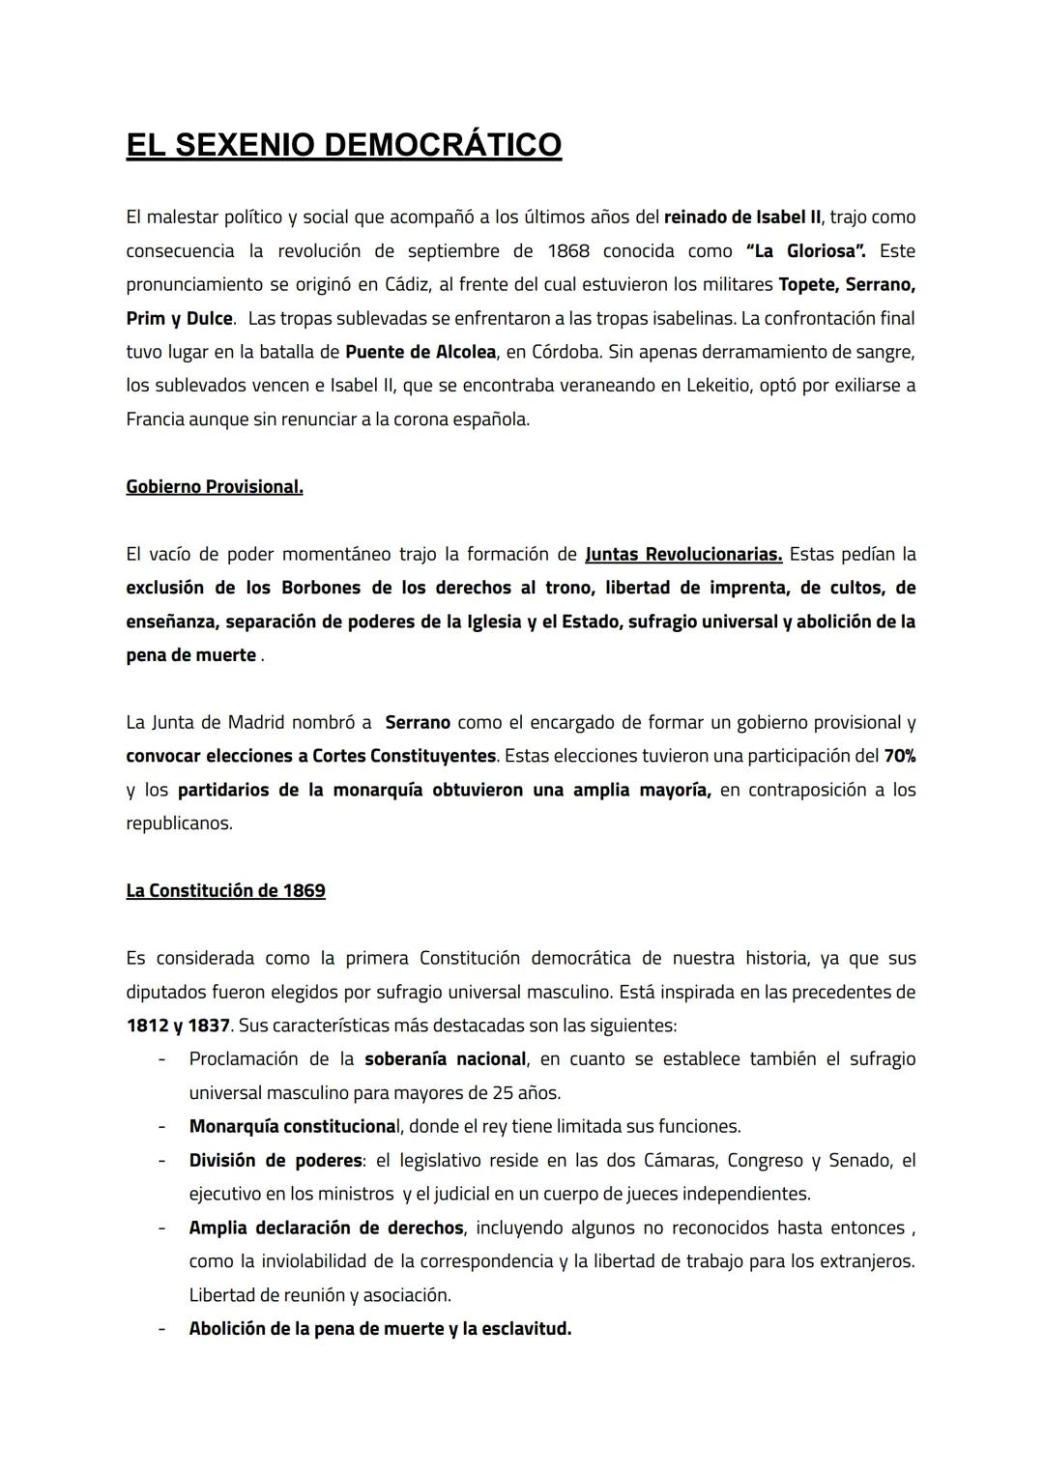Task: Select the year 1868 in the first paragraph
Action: point(568,251)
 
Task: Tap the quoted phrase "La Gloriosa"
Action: point(806,251)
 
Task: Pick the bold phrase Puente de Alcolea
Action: point(420,352)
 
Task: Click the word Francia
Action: point(156,419)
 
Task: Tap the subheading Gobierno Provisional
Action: point(215,487)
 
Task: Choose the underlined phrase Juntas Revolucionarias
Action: point(683,555)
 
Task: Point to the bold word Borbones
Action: point(324,588)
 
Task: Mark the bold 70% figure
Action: point(899,756)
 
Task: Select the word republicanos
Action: point(179,824)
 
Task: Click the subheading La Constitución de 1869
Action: point(225,891)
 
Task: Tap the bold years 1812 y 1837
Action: point(178,1026)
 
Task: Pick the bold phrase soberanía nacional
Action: point(446,1059)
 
